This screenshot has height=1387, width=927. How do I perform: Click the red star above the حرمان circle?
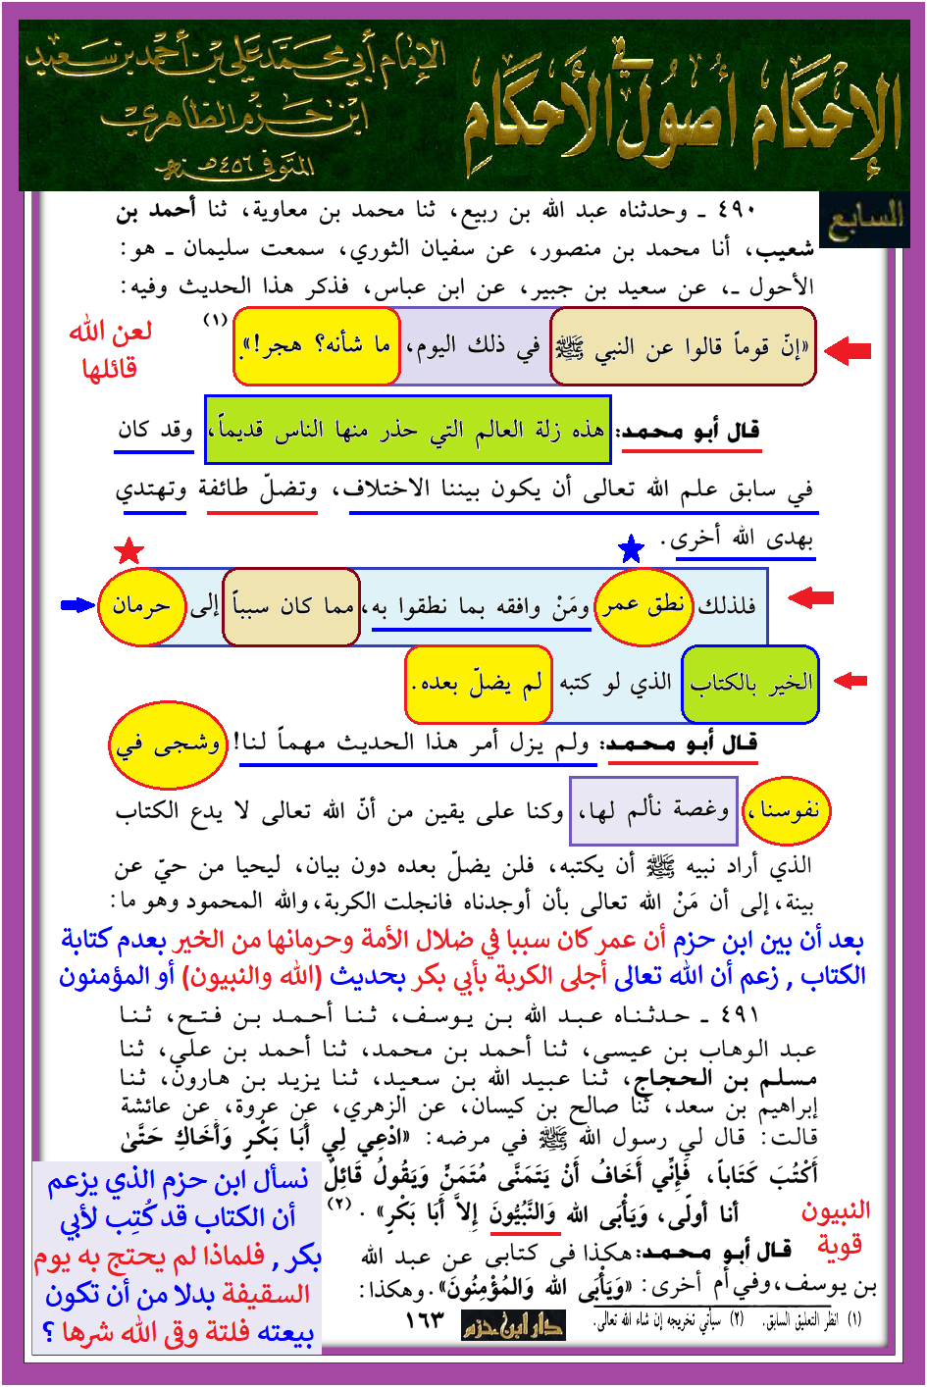click(129, 551)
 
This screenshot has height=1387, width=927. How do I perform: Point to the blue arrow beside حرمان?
click(77, 605)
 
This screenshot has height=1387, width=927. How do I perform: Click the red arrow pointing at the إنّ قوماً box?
click(848, 349)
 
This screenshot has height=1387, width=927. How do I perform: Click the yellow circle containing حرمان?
click(141, 606)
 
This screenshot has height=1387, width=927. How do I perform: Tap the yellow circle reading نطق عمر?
click(644, 606)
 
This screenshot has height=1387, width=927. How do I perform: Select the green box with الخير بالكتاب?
click(750, 684)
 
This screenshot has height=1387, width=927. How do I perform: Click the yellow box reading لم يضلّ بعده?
click(478, 683)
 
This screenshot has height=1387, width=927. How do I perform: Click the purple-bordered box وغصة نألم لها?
click(653, 810)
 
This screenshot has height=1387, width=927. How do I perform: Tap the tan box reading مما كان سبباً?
click(291, 607)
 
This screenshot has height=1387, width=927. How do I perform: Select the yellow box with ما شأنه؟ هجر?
click(318, 346)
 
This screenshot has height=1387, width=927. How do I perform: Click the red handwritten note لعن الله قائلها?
click(109, 350)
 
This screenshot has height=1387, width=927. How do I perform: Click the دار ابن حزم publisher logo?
click(513, 1325)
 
